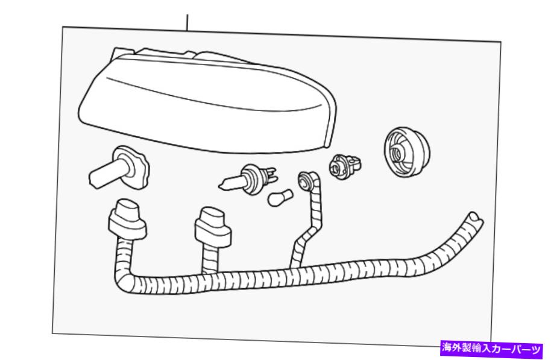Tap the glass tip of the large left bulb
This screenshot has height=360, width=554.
click(95, 178)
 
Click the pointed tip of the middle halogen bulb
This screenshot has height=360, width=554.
click(221, 185)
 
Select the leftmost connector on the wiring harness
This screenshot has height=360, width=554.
click(127, 219)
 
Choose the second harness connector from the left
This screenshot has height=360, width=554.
click(213, 227)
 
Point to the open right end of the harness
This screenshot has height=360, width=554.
click(475, 217)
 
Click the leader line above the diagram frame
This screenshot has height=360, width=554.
click(187, 23)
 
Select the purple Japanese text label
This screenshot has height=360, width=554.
click(491, 349)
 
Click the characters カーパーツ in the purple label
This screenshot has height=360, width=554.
click(514, 349)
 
